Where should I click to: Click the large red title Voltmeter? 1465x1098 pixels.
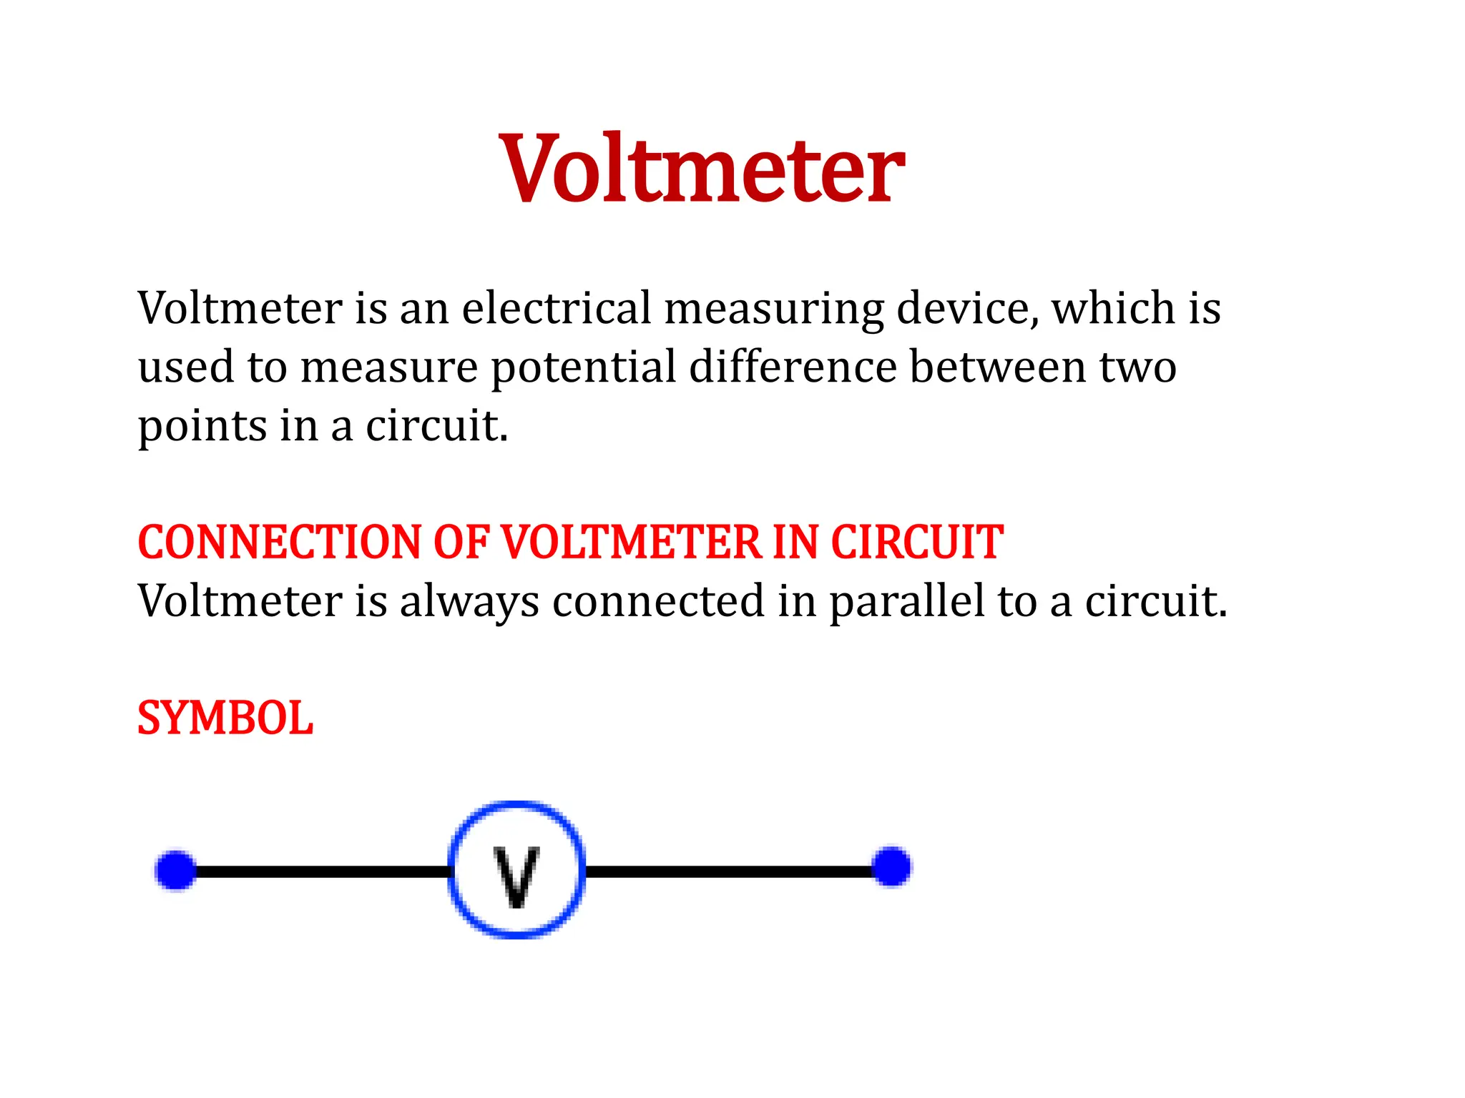click(702, 169)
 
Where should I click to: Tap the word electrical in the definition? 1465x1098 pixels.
click(557, 308)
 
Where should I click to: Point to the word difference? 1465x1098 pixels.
click(793, 367)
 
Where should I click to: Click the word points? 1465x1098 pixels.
click(202, 427)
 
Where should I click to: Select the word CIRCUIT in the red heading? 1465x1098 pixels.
click(916, 542)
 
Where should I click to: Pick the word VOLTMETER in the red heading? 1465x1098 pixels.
click(632, 542)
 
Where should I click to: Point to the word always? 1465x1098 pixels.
click(469, 601)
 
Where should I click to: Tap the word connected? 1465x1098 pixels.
click(658, 601)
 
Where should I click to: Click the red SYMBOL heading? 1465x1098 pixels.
click(225, 718)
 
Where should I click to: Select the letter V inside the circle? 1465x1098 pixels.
click(516, 876)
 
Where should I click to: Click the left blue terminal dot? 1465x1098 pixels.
click(176, 871)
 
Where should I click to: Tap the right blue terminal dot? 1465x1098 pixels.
click(892, 866)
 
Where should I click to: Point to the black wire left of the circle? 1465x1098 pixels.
click(322, 872)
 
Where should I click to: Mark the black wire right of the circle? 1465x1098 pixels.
click(730, 871)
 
